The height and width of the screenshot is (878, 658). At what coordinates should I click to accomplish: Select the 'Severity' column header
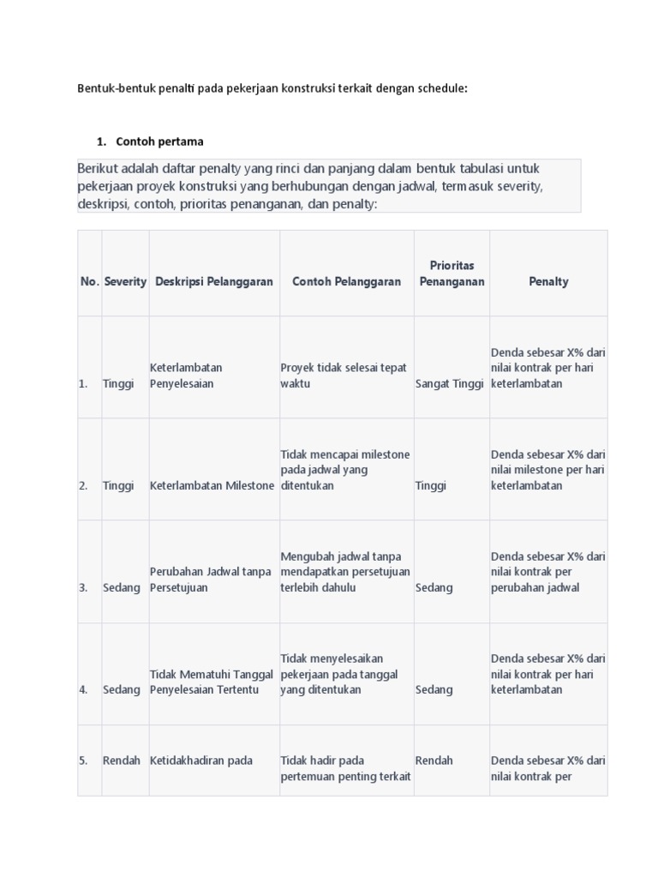(125, 281)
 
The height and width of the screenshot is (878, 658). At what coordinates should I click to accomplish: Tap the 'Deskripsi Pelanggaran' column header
(214, 281)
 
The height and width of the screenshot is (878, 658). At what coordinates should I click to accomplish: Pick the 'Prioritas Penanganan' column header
(452, 274)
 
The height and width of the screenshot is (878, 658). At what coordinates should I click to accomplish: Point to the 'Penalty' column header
(548, 281)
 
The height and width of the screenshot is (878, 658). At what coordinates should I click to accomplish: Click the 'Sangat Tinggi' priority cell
(450, 384)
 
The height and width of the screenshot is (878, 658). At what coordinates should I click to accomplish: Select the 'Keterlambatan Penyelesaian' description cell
(187, 376)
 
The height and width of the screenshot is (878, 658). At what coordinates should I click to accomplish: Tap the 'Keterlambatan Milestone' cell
(212, 485)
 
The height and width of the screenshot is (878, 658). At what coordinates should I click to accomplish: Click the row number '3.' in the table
(84, 587)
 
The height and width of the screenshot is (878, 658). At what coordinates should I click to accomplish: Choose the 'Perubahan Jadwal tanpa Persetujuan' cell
(211, 580)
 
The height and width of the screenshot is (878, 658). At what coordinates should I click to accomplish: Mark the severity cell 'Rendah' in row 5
(122, 761)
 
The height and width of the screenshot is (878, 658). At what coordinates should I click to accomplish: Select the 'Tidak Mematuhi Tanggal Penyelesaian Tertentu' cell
(212, 682)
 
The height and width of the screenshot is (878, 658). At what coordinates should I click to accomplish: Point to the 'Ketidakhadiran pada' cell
(200, 761)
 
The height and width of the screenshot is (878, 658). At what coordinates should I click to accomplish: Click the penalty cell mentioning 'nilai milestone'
(548, 469)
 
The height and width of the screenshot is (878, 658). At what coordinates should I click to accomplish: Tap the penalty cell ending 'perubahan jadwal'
(548, 571)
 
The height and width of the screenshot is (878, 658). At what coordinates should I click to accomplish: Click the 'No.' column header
(89, 281)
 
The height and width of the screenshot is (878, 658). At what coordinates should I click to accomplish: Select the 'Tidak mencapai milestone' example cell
(345, 469)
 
